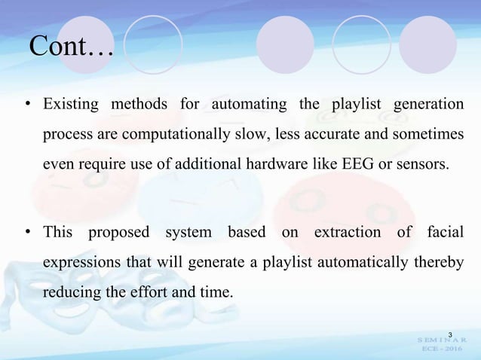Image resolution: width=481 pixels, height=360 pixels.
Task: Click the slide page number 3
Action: pyautogui.click(x=450, y=334)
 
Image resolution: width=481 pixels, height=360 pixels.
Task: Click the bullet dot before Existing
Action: pyautogui.click(x=27, y=104)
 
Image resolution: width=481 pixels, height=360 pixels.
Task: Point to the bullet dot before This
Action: pyautogui.click(x=27, y=233)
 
